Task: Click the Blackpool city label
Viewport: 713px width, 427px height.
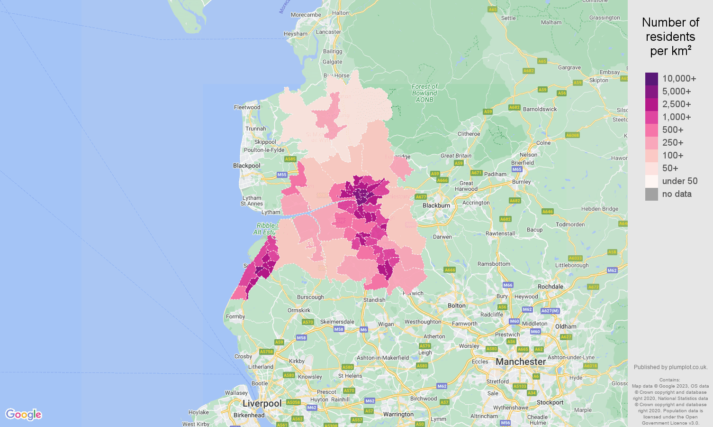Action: (246, 166)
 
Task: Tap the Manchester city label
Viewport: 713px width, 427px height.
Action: (521, 362)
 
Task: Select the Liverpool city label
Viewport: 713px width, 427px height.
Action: (262, 403)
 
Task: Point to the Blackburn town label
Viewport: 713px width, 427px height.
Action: (436, 205)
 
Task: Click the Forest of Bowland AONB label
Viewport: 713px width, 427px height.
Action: (424, 93)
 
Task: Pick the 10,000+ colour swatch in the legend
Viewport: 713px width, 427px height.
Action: (651, 79)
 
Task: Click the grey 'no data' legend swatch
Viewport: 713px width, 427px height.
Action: (651, 194)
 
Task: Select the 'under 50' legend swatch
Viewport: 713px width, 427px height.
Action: (651, 181)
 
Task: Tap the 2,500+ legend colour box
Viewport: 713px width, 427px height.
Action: (651, 104)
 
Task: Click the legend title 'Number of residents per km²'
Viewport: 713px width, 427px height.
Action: (670, 37)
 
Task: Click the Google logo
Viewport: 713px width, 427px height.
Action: (24, 414)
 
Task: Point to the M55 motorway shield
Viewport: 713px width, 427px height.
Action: (282, 175)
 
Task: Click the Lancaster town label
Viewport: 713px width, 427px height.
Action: (328, 32)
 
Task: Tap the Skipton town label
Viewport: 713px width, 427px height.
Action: (599, 80)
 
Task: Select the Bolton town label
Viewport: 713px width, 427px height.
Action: (457, 306)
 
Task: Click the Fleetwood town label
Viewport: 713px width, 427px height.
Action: (247, 107)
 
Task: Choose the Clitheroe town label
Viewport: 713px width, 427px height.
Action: (469, 134)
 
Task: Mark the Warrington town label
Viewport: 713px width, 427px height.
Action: (398, 414)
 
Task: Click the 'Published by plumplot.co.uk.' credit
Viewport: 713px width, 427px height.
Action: (670, 367)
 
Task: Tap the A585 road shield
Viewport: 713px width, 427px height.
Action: (290, 159)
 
